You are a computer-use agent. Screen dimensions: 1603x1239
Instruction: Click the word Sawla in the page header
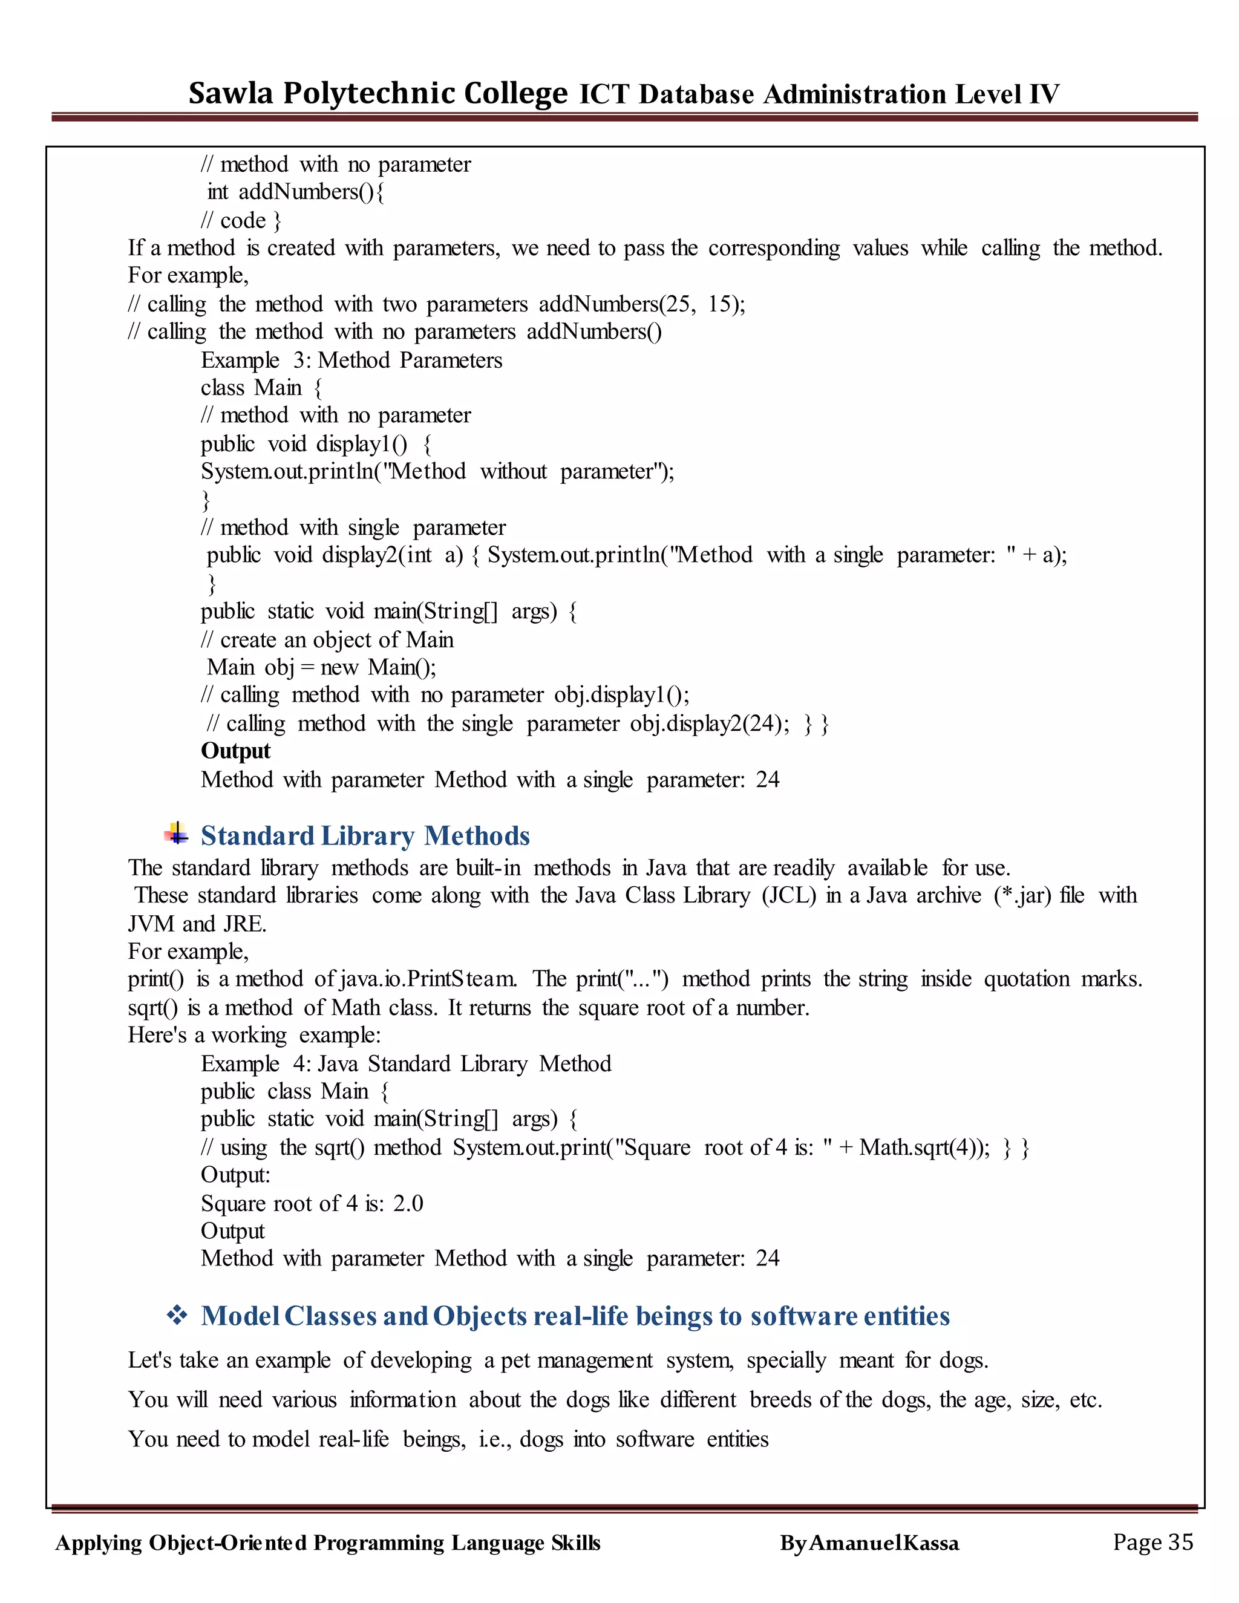[230, 93]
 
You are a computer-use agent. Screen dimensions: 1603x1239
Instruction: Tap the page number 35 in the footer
[1180, 1541]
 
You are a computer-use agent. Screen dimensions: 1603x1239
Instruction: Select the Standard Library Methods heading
[365, 836]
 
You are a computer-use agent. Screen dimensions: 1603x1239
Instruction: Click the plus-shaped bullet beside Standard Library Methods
[176, 834]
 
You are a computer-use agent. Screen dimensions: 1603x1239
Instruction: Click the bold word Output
[235, 751]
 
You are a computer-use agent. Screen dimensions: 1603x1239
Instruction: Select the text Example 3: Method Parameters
[351, 361]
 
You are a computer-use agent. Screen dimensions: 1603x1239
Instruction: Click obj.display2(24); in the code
[710, 723]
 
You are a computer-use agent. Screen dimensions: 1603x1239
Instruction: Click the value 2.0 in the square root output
[408, 1203]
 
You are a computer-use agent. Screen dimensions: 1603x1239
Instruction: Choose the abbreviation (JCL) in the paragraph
[788, 895]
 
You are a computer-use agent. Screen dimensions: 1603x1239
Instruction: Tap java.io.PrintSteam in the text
[427, 979]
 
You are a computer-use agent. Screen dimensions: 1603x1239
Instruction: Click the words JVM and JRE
[196, 923]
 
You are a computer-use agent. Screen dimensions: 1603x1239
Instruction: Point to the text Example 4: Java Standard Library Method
[406, 1063]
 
